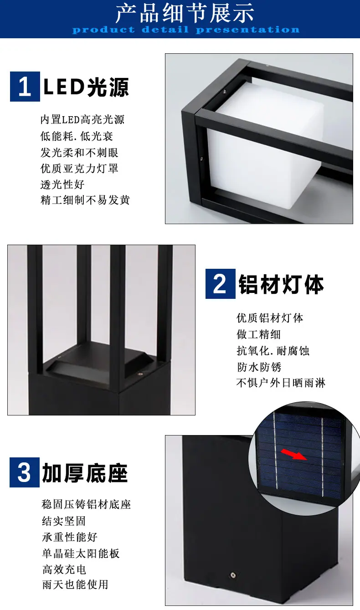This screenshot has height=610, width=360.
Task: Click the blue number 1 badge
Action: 25,87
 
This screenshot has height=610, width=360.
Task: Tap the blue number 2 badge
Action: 220,284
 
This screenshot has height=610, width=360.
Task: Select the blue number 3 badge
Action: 25,472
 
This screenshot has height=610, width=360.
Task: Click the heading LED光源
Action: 86,87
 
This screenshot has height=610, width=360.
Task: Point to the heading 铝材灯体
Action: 281,284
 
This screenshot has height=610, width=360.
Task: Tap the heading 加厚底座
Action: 85,473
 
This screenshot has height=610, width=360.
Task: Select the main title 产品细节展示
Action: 185,13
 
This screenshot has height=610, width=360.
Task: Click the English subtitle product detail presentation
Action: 186,30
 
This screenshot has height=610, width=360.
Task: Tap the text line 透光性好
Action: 62,185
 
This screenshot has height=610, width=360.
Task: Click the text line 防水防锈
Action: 259,367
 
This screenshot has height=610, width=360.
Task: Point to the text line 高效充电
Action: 64,569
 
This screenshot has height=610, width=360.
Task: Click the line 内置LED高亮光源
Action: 82,119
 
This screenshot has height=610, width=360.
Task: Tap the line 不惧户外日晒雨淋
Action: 281,383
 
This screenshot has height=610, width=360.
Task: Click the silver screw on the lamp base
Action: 233,575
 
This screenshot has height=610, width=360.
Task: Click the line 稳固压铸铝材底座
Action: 86,505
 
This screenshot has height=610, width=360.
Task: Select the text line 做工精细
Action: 259,334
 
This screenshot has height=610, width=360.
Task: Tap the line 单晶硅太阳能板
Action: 81,554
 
